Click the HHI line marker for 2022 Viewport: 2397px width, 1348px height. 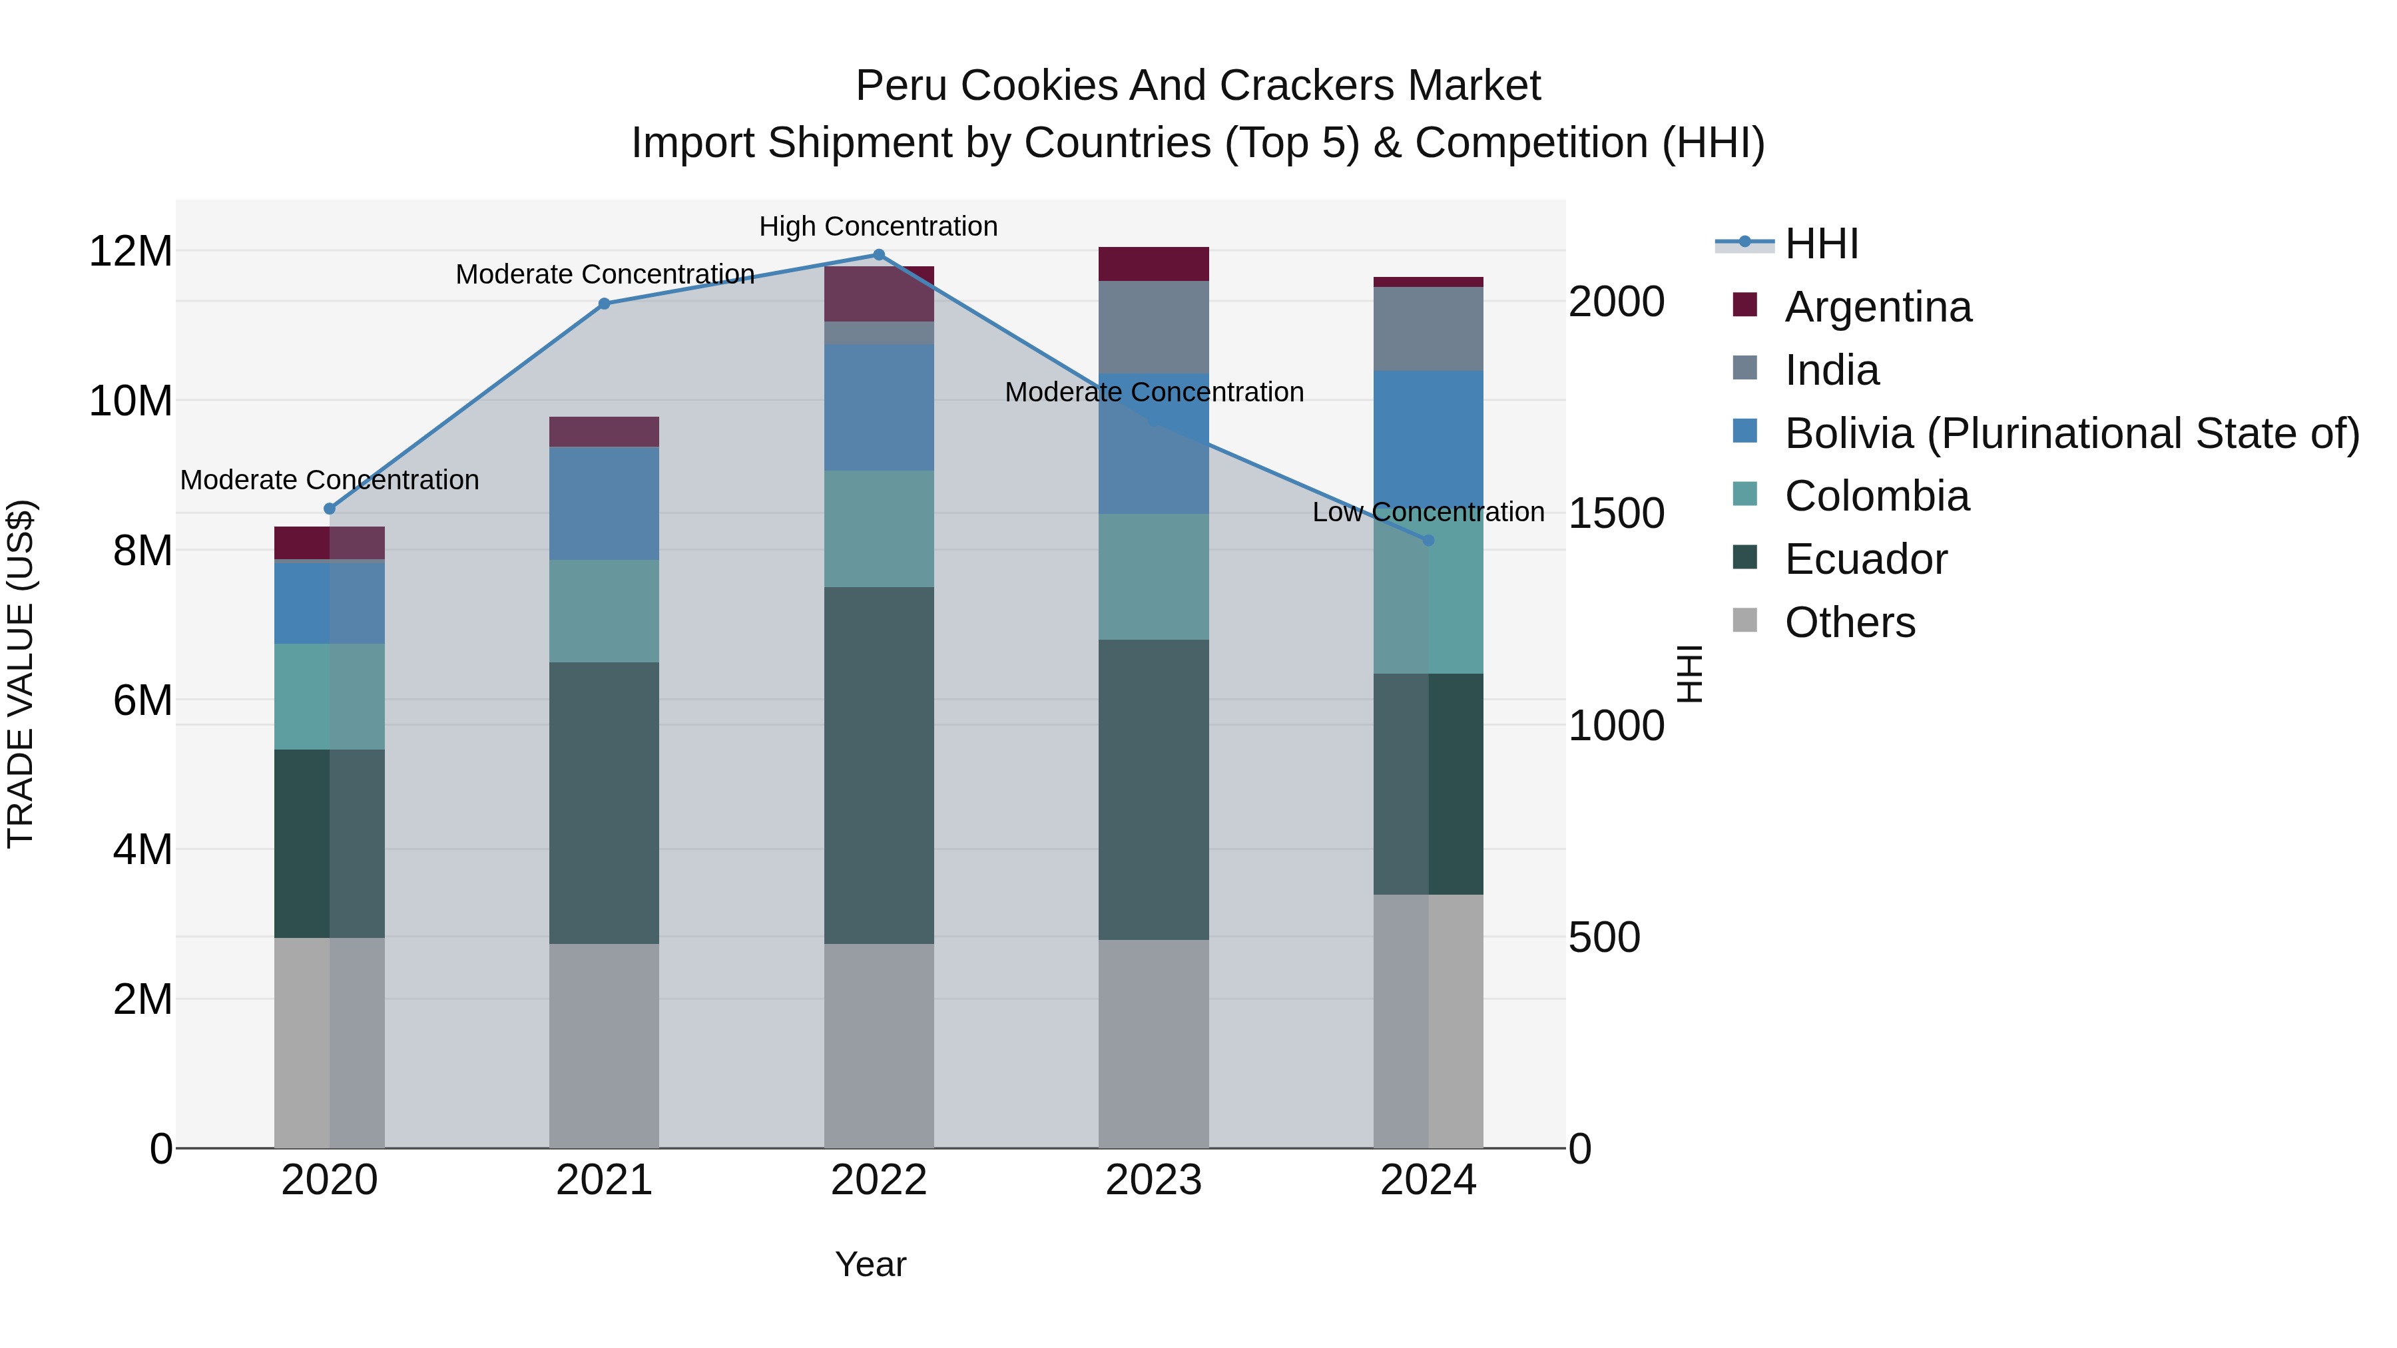tap(878, 255)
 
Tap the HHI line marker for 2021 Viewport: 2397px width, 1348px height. tap(604, 304)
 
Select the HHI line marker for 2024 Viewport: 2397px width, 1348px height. tap(1428, 541)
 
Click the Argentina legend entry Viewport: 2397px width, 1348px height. tap(1877, 307)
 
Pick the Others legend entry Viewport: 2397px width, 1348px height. tap(1849, 622)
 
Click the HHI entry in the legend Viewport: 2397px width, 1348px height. tap(1820, 244)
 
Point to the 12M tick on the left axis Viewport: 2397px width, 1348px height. tap(131, 251)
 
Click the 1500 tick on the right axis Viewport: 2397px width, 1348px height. tap(1616, 513)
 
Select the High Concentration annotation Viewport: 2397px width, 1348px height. tap(878, 226)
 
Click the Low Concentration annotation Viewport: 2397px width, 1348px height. tap(1428, 512)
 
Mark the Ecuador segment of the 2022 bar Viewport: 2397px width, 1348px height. tap(878, 765)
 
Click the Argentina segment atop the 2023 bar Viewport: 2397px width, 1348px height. tap(1153, 264)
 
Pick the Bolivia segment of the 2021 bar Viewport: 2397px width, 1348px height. tap(604, 503)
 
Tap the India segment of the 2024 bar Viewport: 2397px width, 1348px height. tap(1428, 330)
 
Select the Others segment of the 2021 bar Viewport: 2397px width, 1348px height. tap(604, 1046)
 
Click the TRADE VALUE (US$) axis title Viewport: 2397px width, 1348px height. tap(21, 674)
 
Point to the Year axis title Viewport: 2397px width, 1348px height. tap(870, 1264)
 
